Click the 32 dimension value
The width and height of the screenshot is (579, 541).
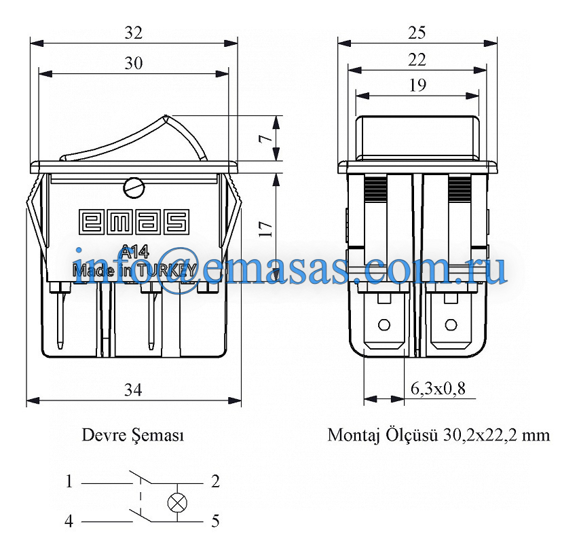click(x=133, y=33)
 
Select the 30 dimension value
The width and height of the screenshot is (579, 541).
click(x=133, y=64)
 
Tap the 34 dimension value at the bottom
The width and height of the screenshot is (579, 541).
click(x=133, y=390)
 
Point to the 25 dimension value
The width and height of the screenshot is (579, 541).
click(x=417, y=33)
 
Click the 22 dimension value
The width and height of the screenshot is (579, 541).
click(x=417, y=60)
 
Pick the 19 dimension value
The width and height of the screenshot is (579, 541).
click(x=417, y=86)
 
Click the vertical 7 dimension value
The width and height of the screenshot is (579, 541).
click(x=265, y=138)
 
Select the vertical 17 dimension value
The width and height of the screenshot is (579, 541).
click(x=265, y=229)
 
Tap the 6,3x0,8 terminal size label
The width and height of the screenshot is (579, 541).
click(x=438, y=388)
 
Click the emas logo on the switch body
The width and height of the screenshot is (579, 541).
click(x=134, y=222)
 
